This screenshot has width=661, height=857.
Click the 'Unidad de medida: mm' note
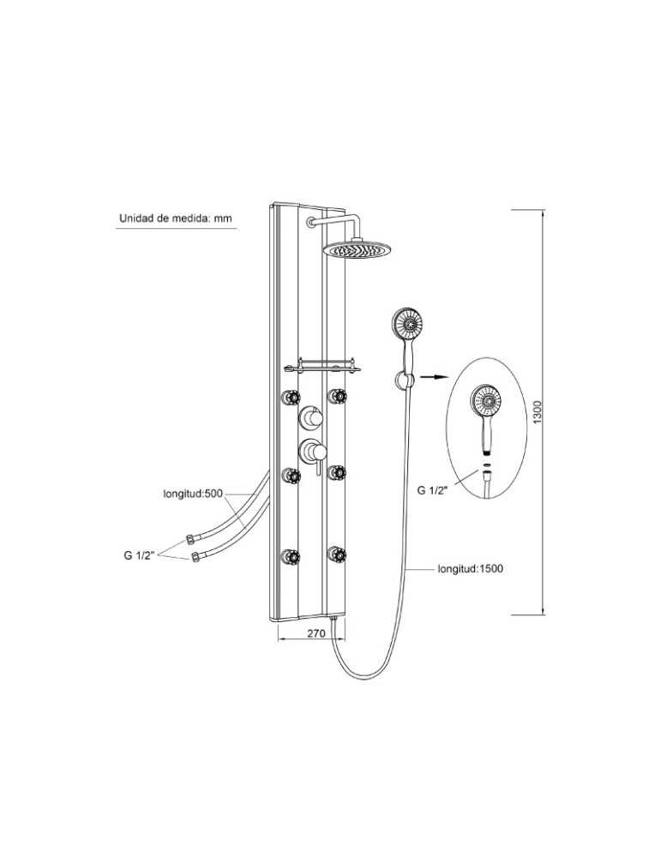[176, 219]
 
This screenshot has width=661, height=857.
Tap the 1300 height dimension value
[537, 411]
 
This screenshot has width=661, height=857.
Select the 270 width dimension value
[316, 633]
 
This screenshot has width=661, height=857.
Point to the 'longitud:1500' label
[470, 568]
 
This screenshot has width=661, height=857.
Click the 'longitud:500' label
[193, 494]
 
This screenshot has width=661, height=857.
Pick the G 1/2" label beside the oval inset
[432, 490]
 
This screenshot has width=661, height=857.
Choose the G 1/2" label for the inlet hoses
[140, 556]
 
